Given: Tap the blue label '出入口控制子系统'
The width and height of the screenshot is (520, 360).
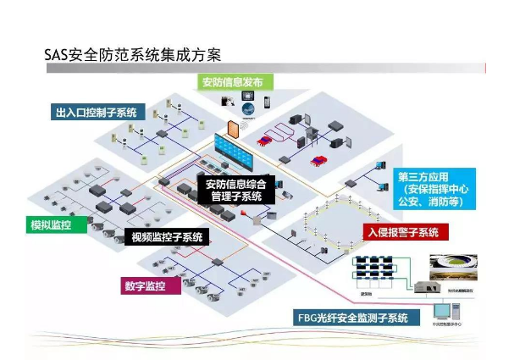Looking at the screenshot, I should [98, 112].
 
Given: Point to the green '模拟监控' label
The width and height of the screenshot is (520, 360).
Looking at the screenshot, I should [51, 224].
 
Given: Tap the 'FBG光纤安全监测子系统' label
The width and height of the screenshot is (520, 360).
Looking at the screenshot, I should [352, 318].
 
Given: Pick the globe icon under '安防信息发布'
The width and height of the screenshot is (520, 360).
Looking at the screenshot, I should [247, 107].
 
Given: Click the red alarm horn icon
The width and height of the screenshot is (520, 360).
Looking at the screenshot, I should [251, 216].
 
